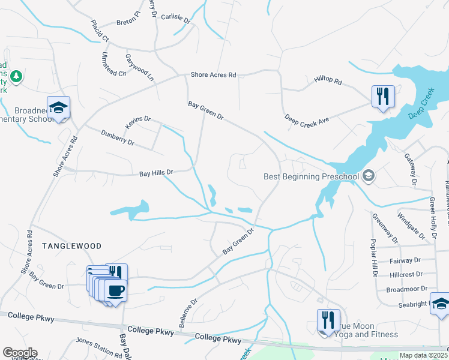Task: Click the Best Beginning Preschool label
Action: tap(311, 176)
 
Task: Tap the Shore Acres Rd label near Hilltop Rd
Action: tap(213, 75)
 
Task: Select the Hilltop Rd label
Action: tap(327, 80)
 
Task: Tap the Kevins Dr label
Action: tap(137, 122)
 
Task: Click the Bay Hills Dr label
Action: tap(156, 173)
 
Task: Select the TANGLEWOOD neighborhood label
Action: tap(71, 246)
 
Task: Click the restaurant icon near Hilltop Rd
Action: tap(382, 96)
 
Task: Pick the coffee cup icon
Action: tap(115, 291)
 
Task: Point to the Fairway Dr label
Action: tap(405, 260)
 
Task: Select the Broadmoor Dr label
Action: tap(406, 289)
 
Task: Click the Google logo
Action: tap(20, 353)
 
